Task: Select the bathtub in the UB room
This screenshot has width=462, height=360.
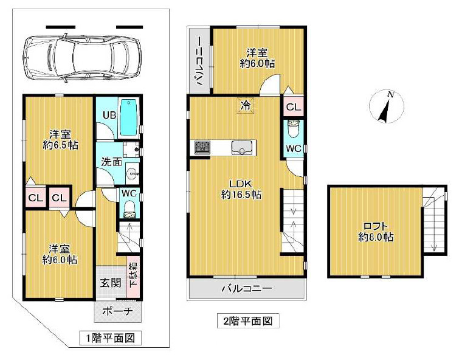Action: coord(129,117)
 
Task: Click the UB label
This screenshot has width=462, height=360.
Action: coord(109,115)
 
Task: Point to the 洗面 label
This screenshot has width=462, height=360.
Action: coord(111,162)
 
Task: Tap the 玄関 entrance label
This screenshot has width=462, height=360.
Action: coord(110,282)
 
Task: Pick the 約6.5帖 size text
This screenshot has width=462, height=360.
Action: coord(60,145)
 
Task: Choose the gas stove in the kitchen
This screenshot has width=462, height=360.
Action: coord(202,147)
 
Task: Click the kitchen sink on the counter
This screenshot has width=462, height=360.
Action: coord(241,147)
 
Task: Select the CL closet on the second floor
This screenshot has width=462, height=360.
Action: coord(293,108)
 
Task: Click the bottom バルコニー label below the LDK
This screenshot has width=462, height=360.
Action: coord(246,289)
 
